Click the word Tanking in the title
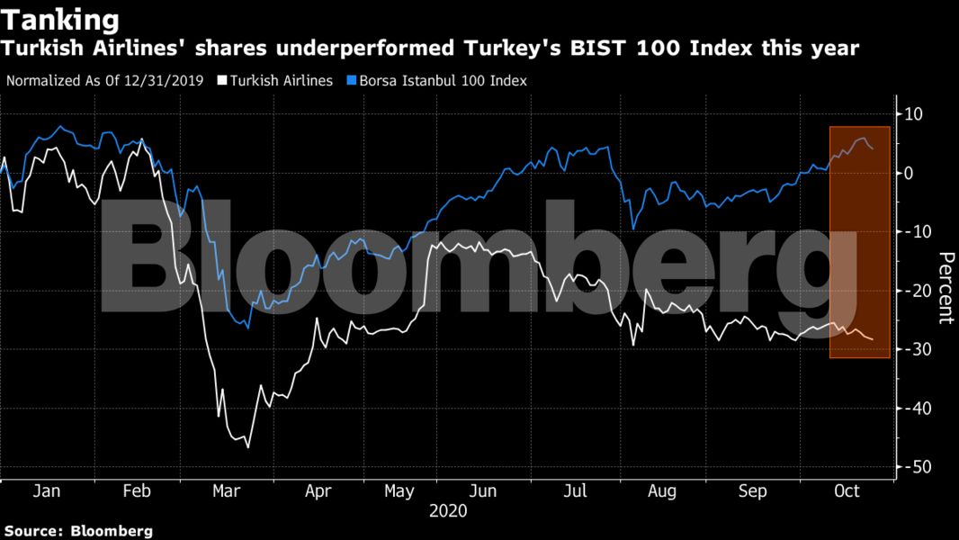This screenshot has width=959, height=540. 60,19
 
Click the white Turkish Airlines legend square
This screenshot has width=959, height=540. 221,81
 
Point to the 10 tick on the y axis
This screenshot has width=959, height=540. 915,114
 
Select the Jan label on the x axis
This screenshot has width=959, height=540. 46,492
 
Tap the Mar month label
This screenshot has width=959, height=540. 226,492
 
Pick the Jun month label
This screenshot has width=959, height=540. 484,492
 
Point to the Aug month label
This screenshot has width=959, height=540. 662,492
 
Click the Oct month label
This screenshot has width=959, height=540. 847,492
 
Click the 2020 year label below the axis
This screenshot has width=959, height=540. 448,511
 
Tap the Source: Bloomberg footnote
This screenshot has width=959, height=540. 77,531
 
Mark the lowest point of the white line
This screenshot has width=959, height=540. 247,447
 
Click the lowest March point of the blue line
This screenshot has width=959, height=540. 248,328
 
